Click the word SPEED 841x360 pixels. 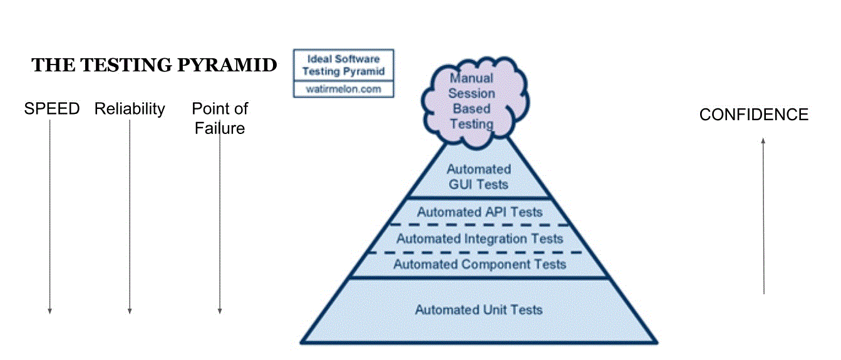pos(52,109)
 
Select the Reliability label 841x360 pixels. pos(130,109)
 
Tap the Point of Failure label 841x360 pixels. pos(220,118)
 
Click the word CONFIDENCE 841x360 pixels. pos(754,115)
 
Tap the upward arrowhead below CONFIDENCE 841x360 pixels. pos(763,141)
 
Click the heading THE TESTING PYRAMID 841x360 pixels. pos(154,65)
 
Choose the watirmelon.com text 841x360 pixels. pos(344,90)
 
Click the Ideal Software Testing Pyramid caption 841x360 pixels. pos(344,65)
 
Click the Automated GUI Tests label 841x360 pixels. pos(479,177)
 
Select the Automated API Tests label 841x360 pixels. pos(480,212)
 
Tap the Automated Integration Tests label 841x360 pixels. pos(480,239)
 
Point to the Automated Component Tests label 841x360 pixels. pos(480,264)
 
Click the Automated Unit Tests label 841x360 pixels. pos(479,309)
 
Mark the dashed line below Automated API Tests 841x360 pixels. pos(480,225)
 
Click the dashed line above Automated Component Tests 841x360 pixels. pos(480,252)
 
